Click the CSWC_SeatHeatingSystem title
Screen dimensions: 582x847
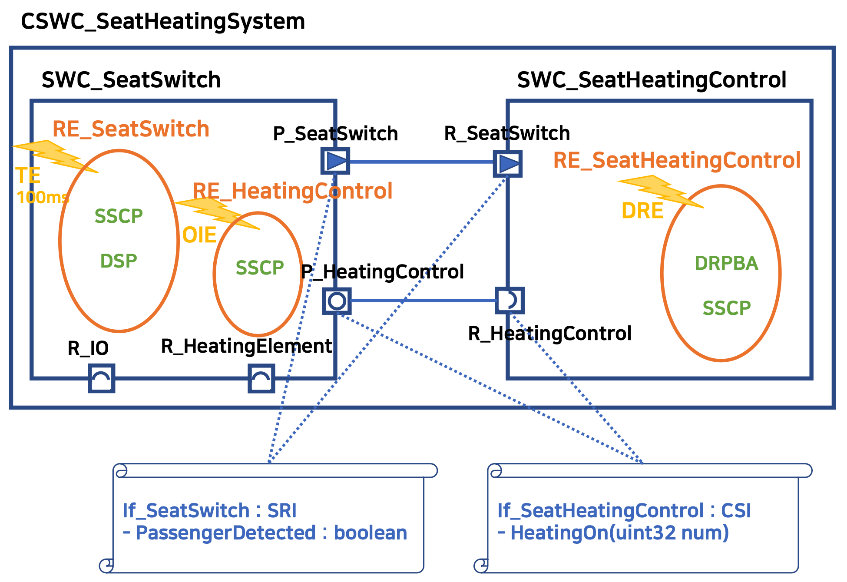click(x=163, y=22)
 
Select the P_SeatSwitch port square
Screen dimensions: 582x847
click(x=335, y=161)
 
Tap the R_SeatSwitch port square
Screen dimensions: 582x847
click(x=507, y=164)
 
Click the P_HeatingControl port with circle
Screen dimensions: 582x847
click(x=337, y=301)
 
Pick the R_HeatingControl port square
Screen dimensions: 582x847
click(x=510, y=300)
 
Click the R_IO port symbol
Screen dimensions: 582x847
click(x=101, y=378)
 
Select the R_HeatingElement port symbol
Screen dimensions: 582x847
click(x=261, y=378)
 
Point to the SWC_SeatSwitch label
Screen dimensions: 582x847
click(x=131, y=80)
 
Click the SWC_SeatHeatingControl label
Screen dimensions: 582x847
click(x=652, y=80)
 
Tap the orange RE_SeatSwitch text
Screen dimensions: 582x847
click(x=131, y=129)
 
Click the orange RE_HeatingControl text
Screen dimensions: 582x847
click(x=292, y=191)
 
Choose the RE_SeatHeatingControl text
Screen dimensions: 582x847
click(x=677, y=160)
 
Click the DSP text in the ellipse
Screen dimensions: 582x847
click(x=119, y=261)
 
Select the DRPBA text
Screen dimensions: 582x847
click(x=726, y=263)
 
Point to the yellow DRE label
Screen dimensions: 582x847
click(x=642, y=211)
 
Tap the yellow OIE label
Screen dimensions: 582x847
click(x=199, y=235)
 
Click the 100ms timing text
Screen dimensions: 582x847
click(x=43, y=198)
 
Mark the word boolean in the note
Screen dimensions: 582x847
click(x=370, y=533)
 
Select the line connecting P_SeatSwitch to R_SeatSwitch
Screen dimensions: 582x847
click(x=421, y=162)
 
